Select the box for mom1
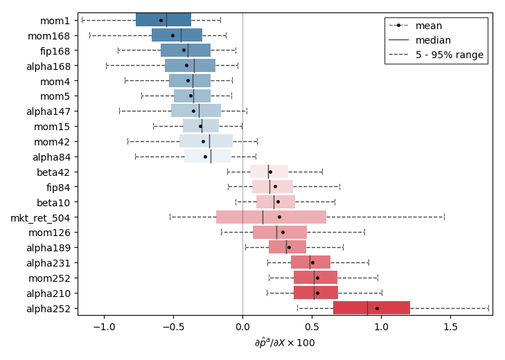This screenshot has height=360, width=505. coord(163,20)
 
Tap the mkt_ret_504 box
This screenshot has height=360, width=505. coord(271,217)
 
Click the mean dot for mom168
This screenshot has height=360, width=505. coord(172,35)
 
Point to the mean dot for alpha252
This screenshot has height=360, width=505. coord(377,308)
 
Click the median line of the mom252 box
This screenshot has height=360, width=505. coord(314,278)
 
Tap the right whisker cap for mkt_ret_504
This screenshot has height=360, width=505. coord(444,217)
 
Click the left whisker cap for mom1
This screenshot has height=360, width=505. coord(82,20)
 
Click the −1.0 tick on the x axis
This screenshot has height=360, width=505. coord(104,316)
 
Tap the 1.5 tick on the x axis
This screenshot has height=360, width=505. coord(450,316)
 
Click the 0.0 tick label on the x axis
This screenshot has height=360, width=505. coord(242,326)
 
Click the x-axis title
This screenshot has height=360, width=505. coord(285,343)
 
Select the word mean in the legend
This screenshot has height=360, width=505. coord(429,26)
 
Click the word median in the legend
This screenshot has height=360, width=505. coord(433,40)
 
